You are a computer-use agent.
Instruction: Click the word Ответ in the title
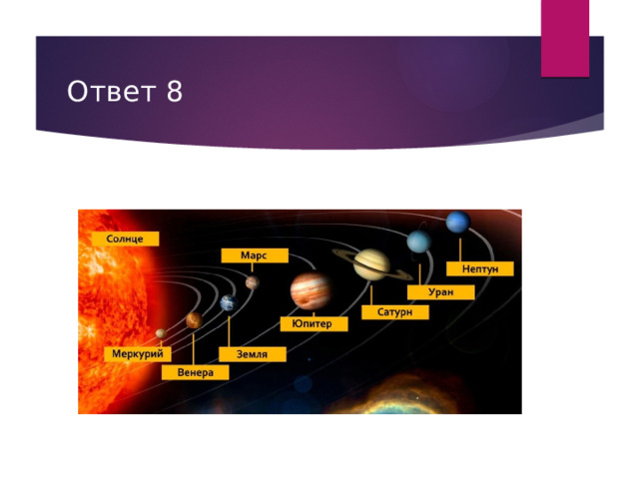111,91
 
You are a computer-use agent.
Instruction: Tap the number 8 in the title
174,91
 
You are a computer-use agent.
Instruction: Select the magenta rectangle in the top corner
565,38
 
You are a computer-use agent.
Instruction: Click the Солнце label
125,239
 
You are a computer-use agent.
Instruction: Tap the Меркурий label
138,353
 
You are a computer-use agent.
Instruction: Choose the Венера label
196,372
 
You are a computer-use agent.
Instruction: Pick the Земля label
253,354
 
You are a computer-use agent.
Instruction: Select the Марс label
255,255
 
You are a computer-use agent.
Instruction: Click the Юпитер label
314,323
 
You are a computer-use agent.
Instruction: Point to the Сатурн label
395,312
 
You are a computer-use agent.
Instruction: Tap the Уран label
441,292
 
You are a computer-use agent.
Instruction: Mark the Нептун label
480,268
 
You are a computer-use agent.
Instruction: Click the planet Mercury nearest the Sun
161,333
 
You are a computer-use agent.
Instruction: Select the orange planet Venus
195,320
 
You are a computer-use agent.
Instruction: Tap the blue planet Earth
229,303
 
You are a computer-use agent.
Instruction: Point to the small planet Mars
253,282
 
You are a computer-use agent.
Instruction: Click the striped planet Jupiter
311,290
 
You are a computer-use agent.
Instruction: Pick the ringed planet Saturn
371,264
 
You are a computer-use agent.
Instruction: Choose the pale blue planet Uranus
419,241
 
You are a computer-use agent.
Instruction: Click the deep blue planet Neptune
458,222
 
